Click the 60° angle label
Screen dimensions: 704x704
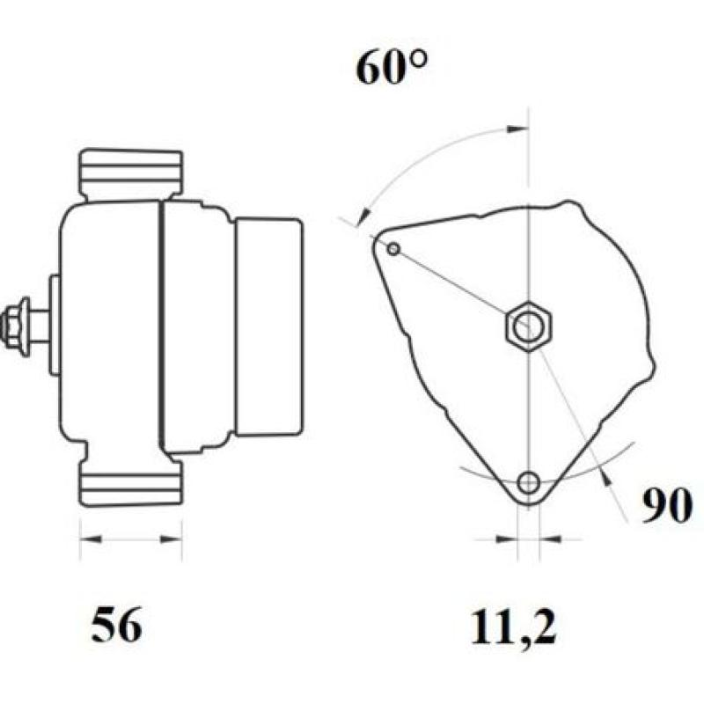(391, 67)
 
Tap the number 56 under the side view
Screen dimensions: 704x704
(116, 626)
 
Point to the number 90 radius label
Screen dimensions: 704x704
(665, 507)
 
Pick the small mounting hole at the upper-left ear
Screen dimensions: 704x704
(393, 250)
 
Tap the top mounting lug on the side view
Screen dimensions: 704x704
(131, 173)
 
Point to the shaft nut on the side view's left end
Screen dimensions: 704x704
(17, 325)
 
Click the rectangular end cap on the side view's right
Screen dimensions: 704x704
(268, 326)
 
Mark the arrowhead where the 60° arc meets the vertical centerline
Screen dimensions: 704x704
(518, 129)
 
